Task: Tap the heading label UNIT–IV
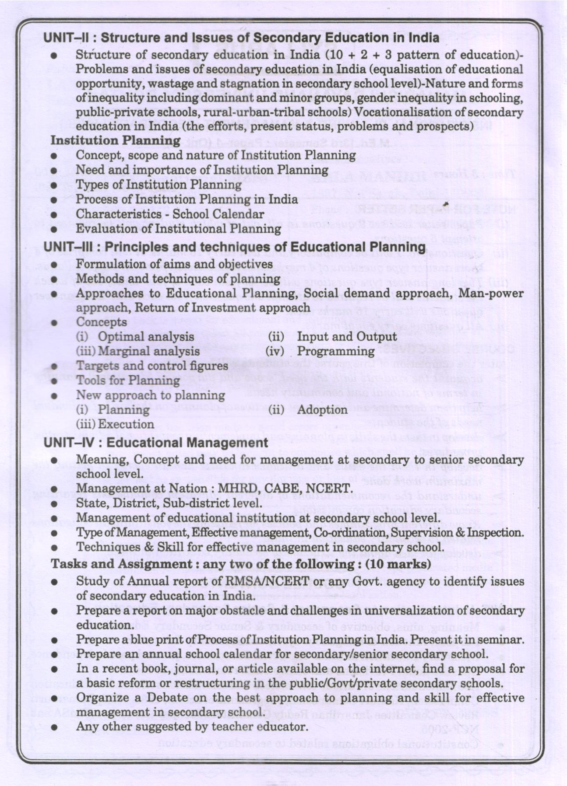[x=70, y=443]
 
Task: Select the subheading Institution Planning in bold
[x=116, y=140]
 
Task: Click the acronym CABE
[x=284, y=488]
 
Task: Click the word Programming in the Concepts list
[x=336, y=351]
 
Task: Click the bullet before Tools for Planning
[x=54, y=381]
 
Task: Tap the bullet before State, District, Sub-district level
[x=54, y=504]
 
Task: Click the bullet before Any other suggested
[x=54, y=727]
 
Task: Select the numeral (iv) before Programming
[x=275, y=351]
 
